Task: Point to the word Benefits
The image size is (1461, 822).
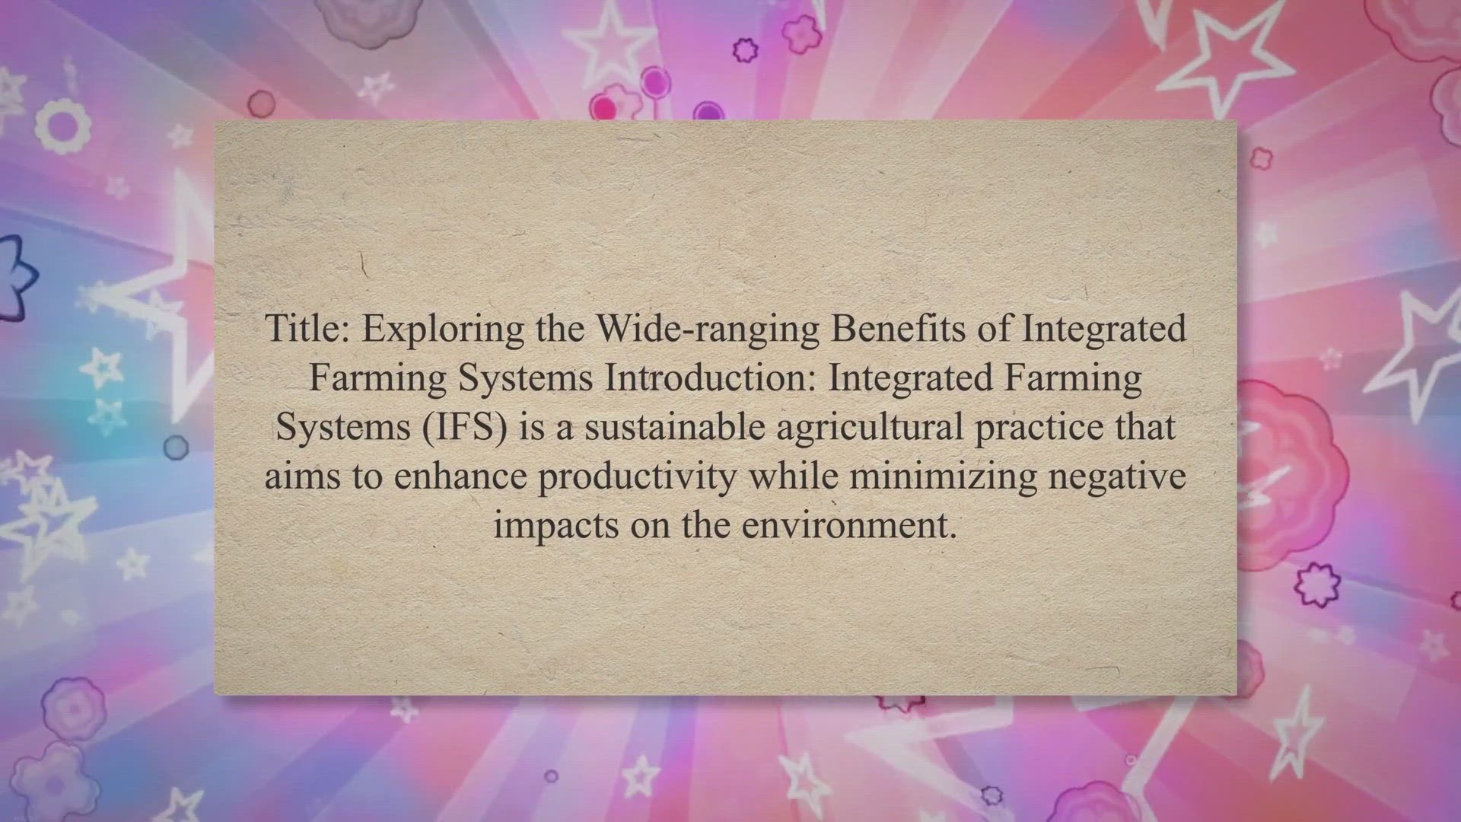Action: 920,329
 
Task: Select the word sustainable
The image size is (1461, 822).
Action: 674,426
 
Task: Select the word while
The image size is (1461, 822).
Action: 793,476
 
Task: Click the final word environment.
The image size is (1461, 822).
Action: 850,525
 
